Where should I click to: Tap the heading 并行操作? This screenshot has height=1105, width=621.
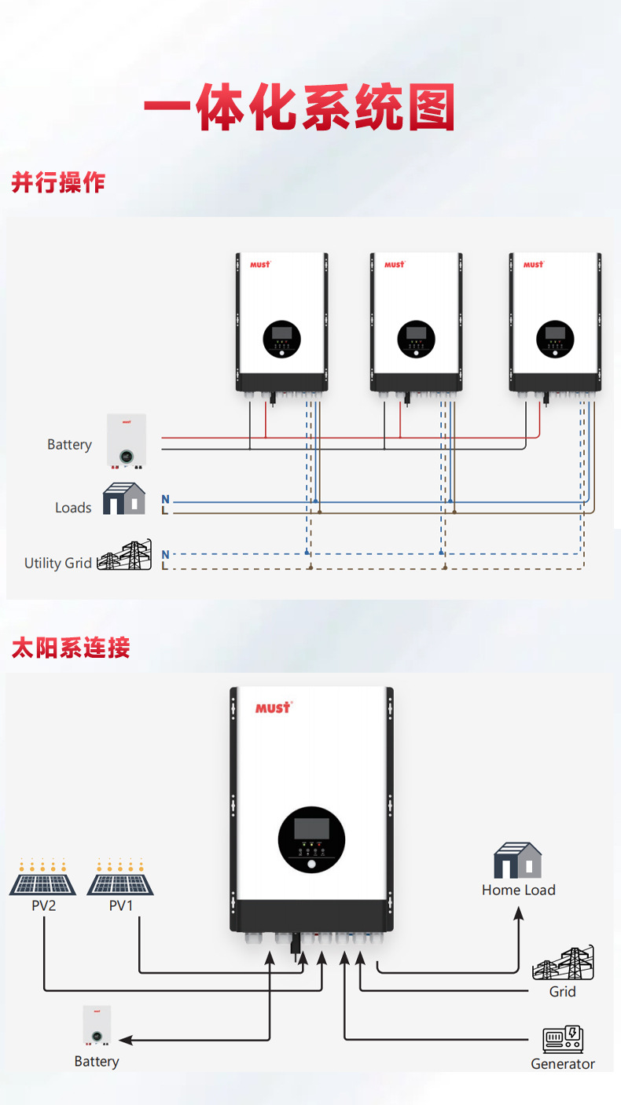click(58, 182)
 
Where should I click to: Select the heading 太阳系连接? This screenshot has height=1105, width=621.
click(71, 648)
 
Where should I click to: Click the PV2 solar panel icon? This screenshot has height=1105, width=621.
click(43, 879)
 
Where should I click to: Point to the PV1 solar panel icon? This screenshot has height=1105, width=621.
click(120, 879)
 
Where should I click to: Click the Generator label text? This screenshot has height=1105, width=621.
click(562, 1063)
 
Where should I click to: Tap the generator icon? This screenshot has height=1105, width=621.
click(563, 1039)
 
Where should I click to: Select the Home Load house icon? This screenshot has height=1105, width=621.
click(518, 861)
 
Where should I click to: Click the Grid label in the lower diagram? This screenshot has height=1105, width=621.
click(562, 992)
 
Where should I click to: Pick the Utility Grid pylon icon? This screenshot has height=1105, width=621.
click(125, 556)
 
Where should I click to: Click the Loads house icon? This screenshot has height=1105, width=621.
click(124, 499)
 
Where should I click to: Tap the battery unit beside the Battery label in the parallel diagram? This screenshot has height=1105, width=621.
click(127, 441)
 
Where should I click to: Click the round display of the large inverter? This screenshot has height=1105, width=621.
click(311, 839)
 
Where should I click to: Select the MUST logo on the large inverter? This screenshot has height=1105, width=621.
click(273, 707)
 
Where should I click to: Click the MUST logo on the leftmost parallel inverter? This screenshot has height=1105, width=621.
click(260, 264)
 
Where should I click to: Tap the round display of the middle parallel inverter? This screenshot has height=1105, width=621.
click(416, 337)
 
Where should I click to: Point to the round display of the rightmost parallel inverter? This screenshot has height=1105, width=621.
click(555, 337)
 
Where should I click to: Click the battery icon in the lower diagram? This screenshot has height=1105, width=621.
click(97, 1026)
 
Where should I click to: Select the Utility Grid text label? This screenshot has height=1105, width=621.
click(58, 563)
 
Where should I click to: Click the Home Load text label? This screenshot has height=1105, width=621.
click(518, 890)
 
